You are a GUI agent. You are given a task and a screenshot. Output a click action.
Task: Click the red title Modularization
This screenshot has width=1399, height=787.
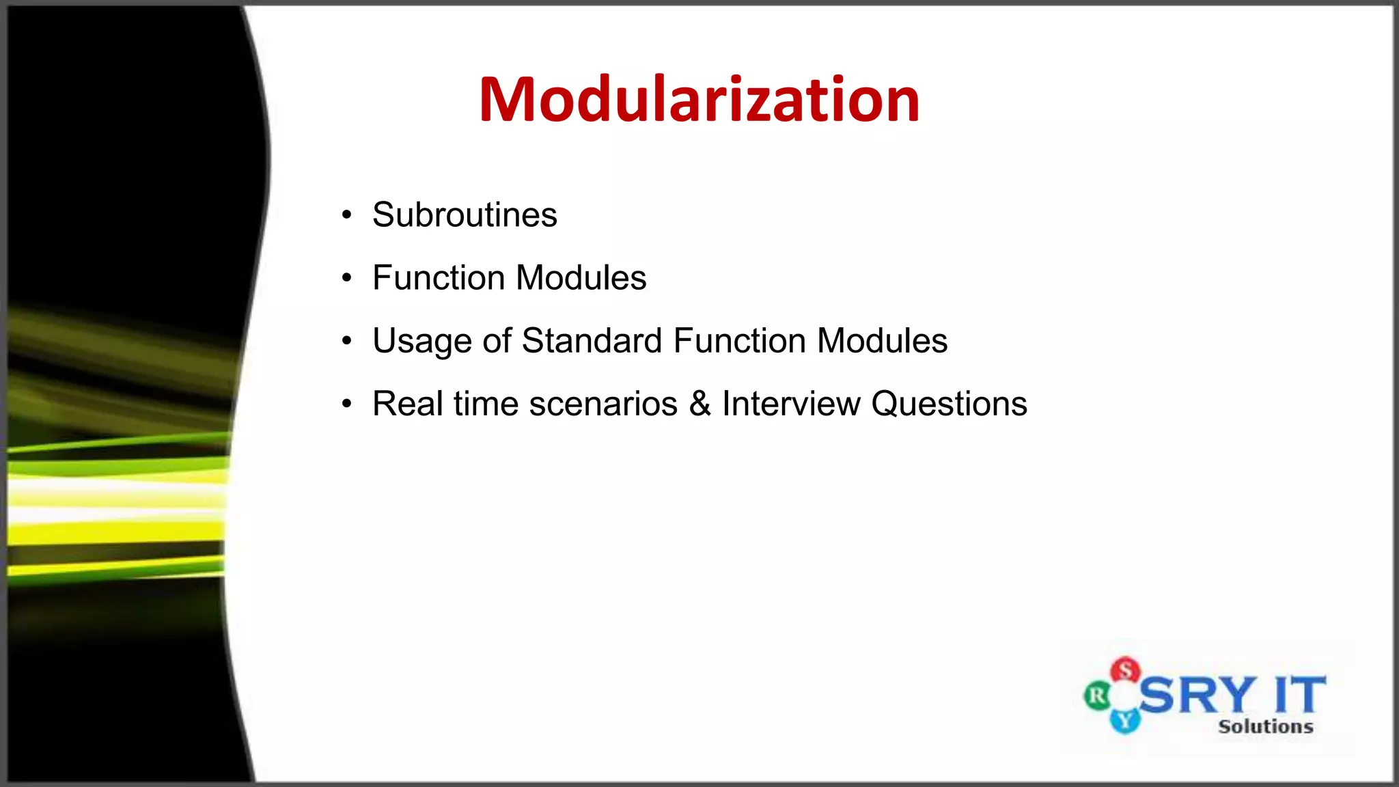tap(699, 100)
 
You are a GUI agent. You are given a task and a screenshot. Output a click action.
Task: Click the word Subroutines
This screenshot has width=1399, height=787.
tap(465, 215)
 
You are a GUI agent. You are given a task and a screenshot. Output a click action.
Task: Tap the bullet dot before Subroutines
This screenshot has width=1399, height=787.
tap(347, 215)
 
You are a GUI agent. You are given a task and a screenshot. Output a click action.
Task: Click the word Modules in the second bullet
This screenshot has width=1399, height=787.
tap(581, 278)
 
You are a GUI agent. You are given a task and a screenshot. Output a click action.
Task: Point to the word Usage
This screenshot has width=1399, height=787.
tap(421, 342)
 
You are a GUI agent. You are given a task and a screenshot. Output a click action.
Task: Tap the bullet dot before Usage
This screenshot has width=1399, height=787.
tap(347, 341)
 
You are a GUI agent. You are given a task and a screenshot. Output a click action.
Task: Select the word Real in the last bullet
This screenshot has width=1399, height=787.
tap(407, 404)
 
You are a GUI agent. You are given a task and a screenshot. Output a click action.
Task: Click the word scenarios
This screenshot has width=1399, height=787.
tap(603, 404)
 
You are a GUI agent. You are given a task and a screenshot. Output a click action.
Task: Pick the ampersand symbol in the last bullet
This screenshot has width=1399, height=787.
tap(699, 404)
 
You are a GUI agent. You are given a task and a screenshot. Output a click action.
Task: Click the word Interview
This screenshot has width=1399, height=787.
tap(790, 404)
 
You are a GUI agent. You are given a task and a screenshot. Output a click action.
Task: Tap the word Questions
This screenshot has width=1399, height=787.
tap(949, 404)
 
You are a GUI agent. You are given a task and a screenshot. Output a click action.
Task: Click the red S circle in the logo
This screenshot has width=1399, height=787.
tap(1125, 670)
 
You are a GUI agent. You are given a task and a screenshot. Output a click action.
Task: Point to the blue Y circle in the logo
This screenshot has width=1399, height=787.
tap(1124, 719)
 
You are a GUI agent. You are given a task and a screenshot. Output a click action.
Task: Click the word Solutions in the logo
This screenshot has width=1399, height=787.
tap(1265, 726)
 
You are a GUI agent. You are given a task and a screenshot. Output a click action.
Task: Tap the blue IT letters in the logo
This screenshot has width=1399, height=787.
tap(1300, 695)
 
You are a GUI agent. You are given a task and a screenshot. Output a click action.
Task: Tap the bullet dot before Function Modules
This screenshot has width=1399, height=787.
tap(347, 278)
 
